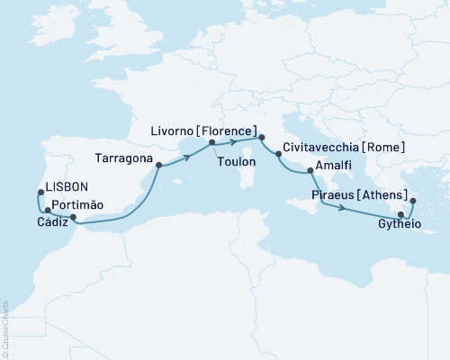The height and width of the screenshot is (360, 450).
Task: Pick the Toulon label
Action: (237, 162)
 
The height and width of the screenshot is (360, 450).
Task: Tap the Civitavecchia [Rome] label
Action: (342, 147)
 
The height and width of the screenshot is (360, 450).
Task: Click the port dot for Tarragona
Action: (158, 165)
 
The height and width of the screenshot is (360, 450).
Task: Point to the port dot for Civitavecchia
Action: (278, 155)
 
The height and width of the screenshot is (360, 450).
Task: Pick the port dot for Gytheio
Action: (400, 214)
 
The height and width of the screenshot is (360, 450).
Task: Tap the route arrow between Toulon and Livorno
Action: (232, 142)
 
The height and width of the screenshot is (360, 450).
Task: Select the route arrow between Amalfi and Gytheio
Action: (342, 210)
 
